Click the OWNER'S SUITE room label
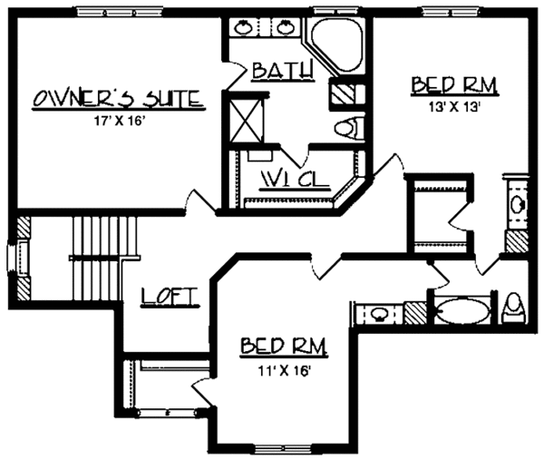[x=116, y=98]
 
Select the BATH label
[x=282, y=71]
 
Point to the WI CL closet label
[x=292, y=178]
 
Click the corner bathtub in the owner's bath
[x=338, y=44]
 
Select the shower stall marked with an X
[x=246, y=116]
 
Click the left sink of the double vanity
[x=245, y=28]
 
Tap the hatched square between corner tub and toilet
[x=345, y=93]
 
